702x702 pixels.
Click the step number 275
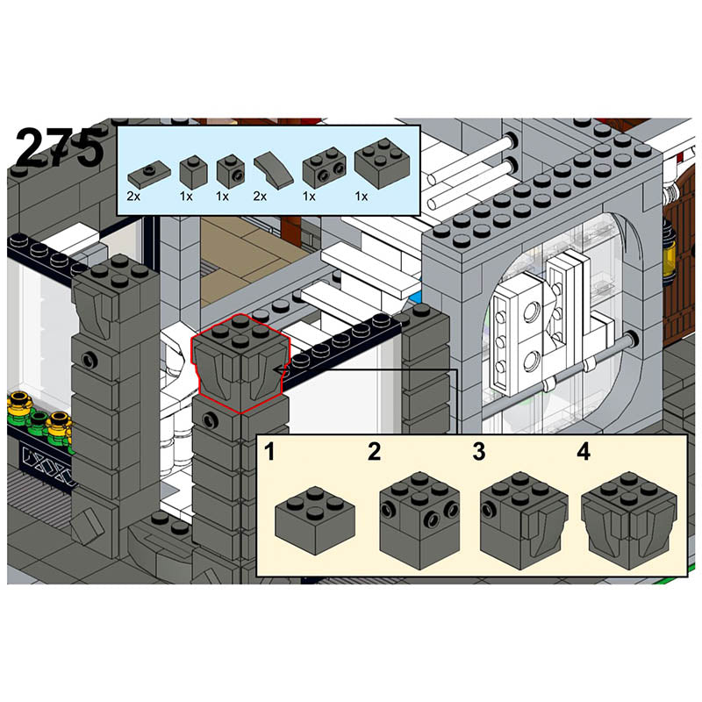tap(59, 147)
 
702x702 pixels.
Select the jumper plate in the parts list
tap(149, 174)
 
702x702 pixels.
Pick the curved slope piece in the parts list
tap(273, 167)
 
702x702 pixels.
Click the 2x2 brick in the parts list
tap(382, 162)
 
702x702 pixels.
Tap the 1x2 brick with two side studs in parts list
tap(325, 168)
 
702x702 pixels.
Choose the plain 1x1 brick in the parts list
tap(193, 172)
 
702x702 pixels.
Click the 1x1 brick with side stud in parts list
tap(231, 171)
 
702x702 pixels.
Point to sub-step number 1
tap(269, 451)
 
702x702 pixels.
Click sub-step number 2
tap(375, 451)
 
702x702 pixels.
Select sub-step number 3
tap(479, 451)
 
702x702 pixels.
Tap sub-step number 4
tap(584, 451)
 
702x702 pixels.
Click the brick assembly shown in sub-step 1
tap(315, 519)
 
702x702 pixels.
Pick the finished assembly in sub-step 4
tap(630, 520)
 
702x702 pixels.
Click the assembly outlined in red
tap(240, 362)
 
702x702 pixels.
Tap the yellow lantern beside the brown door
tap(670, 253)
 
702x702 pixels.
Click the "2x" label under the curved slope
tap(260, 196)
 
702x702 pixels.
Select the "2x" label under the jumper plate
tap(133, 196)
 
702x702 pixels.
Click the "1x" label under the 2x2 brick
tap(362, 196)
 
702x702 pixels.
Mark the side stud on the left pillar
tap(90, 359)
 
